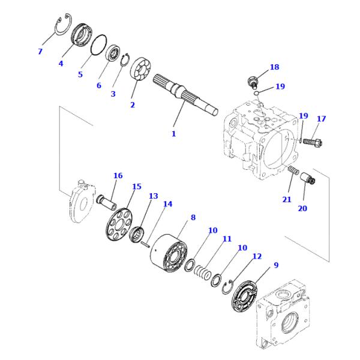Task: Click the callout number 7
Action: coord(40,52)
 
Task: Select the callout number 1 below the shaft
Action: coord(173,134)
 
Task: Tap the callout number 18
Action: coord(274,67)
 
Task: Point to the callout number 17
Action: coord(321,119)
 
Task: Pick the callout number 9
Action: coord(275,265)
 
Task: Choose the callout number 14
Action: coord(168,204)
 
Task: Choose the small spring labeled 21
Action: coord(293,172)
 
